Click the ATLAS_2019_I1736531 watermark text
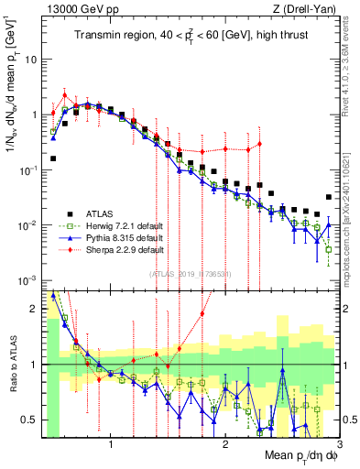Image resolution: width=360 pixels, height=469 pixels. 191,273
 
